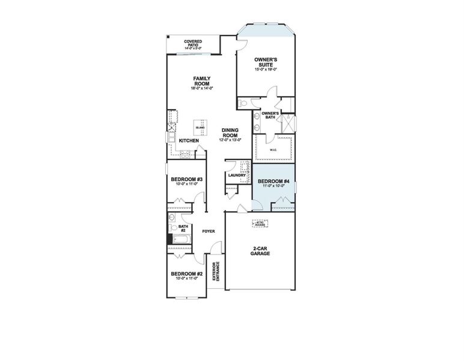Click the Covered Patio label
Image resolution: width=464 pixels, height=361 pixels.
193,42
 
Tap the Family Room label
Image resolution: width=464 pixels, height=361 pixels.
201,81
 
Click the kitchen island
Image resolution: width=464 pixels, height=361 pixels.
200,128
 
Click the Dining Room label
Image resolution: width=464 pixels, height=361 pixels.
231,132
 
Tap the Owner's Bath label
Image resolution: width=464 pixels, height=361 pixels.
269,114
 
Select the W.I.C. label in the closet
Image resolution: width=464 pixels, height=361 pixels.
272,150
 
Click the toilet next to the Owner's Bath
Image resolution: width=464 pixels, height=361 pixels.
243,104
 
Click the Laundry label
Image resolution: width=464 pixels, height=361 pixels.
236,176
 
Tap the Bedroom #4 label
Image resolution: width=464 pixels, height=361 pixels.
273,182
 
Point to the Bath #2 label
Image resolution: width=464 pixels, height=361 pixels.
182,228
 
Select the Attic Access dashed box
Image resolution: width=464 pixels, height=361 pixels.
260,223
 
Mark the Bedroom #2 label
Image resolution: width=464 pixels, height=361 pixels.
187,274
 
